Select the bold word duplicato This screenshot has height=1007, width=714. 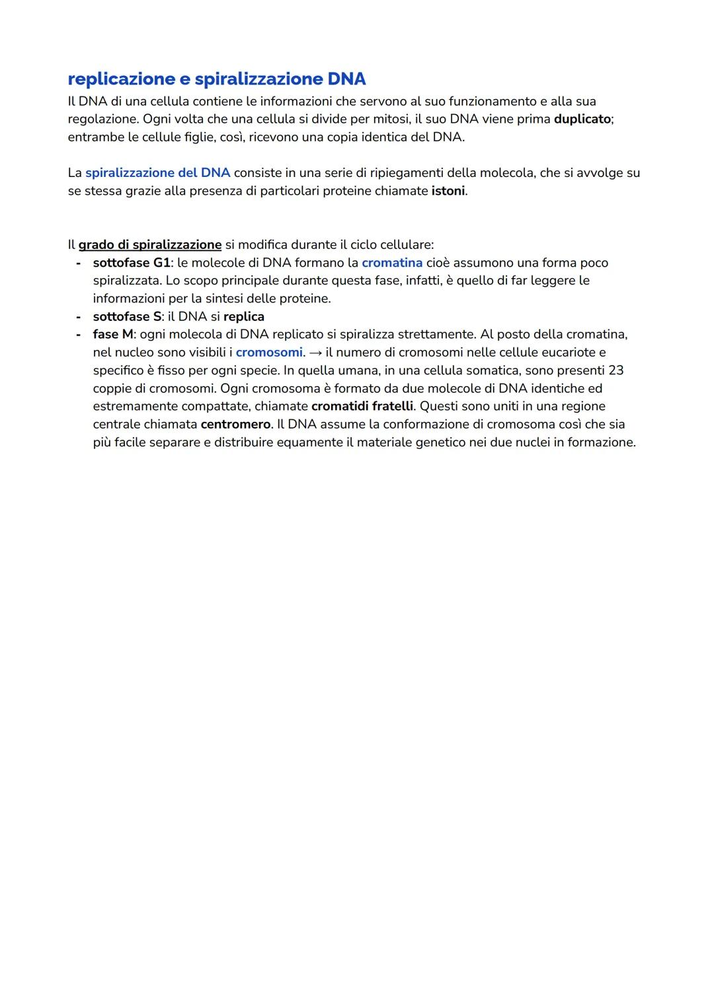pos(582,120)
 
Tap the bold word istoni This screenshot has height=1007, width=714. pos(448,191)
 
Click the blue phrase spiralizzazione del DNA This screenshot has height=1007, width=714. pos(157,173)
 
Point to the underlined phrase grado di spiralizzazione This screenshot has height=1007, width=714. pos(150,245)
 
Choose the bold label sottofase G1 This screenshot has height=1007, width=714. pos(132,263)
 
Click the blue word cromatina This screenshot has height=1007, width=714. pos(392,263)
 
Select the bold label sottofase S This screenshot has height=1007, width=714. pos(127,316)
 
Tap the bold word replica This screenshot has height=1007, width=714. pos(244,316)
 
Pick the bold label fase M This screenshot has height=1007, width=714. pos(113,335)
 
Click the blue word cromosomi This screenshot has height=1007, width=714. pos(269,353)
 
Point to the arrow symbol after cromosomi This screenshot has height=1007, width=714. pos(315,353)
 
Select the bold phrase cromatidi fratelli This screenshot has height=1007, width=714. pos(362,406)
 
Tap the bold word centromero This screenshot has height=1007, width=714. pos(235,424)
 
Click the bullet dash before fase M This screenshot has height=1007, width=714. pos(79,335)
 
